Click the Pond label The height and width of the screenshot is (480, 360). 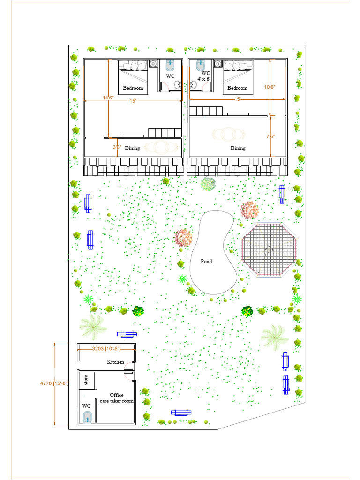[206, 261]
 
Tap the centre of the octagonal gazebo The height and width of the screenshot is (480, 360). [269, 250]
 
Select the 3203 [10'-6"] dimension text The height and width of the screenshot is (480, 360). [106, 349]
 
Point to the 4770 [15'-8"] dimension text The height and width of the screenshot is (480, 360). [54, 383]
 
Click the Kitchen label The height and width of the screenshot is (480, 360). [116, 362]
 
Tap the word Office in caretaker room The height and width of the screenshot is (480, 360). [117, 395]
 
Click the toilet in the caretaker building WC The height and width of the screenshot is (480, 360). [87, 417]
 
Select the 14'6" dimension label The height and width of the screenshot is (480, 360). [108, 97]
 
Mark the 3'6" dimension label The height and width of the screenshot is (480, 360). [117, 147]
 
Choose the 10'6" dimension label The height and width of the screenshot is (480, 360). [270, 87]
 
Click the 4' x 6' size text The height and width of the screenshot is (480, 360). [204, 79]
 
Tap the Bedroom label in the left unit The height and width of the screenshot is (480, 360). [133, 88]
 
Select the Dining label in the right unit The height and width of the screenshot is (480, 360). [238, 148]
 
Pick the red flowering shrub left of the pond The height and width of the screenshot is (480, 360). [183, 238]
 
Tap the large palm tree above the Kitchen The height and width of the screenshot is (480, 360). [92, 325]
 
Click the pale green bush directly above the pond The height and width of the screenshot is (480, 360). [208, 183]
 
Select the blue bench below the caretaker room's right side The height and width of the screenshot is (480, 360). [181, 412]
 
